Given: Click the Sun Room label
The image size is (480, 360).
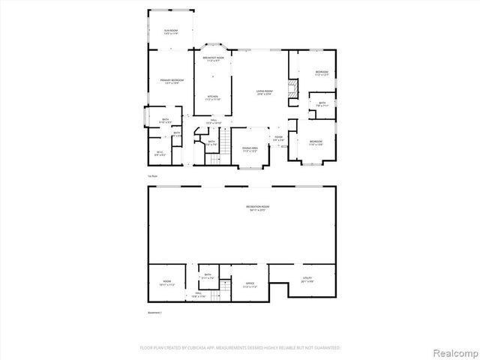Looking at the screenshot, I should [170, 32].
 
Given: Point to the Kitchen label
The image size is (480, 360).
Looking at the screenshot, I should [213, 97].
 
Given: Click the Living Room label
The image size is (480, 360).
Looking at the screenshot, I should [264, 92].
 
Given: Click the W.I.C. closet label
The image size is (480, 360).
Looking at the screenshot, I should [160, 154].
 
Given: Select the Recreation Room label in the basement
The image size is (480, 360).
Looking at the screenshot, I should [237, 208].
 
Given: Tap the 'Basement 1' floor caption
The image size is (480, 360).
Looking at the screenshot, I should [154, 312].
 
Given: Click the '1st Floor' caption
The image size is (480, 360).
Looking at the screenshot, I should [152, 175].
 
